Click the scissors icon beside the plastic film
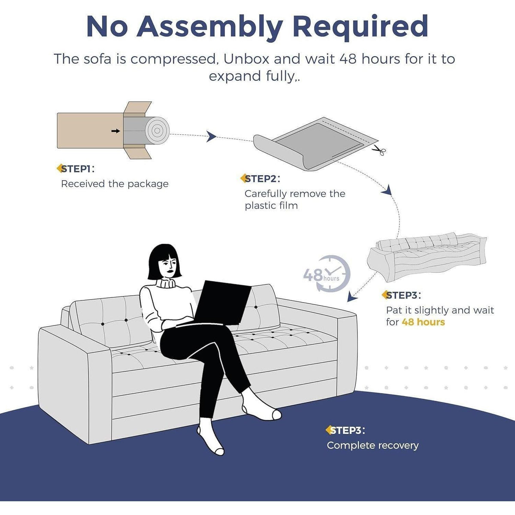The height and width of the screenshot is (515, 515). click(x=379, y=150)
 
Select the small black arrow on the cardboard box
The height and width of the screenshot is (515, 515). click(x=116, y=131)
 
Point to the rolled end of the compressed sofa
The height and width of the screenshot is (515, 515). click(x=158, y=131)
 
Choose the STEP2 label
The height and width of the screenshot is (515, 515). click(x=260, y=179)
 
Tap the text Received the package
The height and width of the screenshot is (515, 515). click(x=115, y=184)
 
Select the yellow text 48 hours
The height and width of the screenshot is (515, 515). click(x=423, y=322)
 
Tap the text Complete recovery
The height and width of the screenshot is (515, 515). click(x=373, y=445)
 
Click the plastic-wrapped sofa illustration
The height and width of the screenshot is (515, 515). click(x=427, y=257)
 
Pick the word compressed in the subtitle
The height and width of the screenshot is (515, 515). click(x=173, y=59)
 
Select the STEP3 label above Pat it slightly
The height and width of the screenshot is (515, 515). click(x=401, y=295)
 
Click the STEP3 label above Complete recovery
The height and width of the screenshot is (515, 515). click(x=345, y=430)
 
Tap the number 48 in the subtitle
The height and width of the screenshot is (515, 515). click(x=348, y=59)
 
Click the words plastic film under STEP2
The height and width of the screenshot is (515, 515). click(x=271, y=206)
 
